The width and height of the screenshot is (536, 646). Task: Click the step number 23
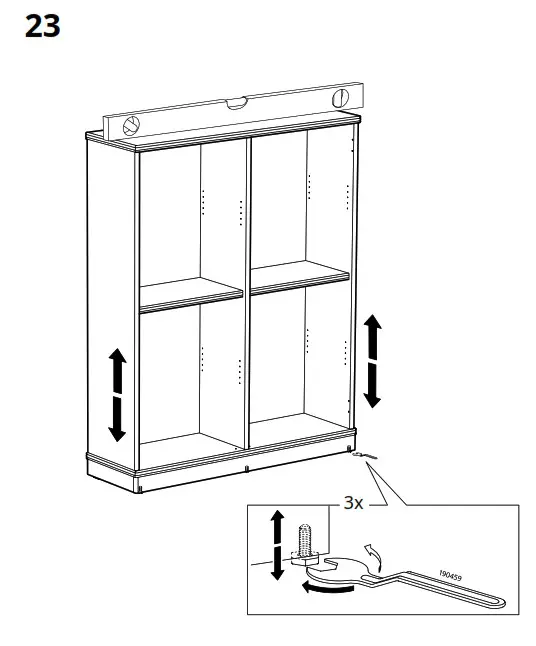[42, 27]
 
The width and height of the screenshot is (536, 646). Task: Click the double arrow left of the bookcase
[117, 394]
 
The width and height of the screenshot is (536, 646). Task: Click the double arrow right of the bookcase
[371, 360]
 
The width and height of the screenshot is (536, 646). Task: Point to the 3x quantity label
[353, 505]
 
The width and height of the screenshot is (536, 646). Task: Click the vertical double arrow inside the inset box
[278, 545]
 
